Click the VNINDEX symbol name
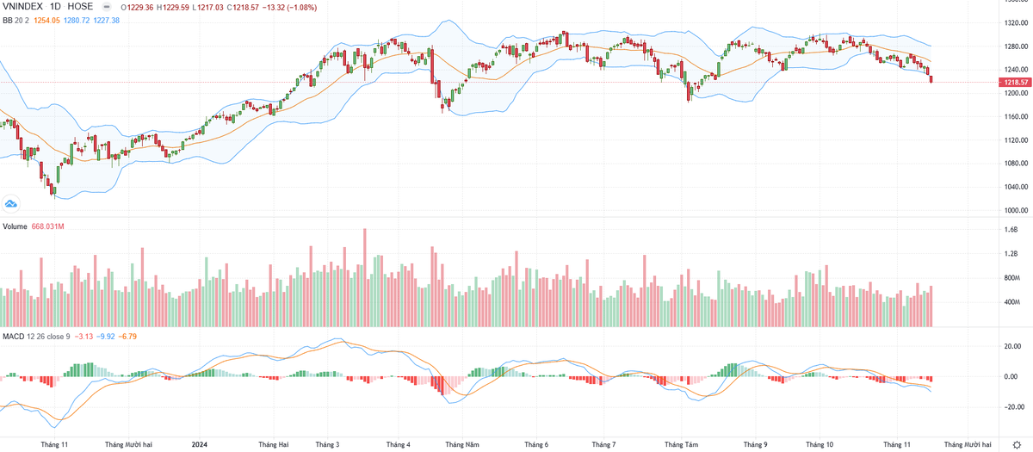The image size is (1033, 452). pyautogui.click(x=24, y=6)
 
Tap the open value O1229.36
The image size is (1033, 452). pyautogui.click(x=139, y=6)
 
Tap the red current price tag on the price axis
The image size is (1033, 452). pyautogui.click(x=1012, y=82)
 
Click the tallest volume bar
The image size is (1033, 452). pyautogui.click(x=365, y=276)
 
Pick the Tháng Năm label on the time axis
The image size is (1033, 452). pyautogui.click(x=461, y=445)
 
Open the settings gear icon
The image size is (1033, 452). pyautogui.click(x=1018, y=444)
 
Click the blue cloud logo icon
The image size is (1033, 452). pyautogui.click(x=12, y=203)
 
